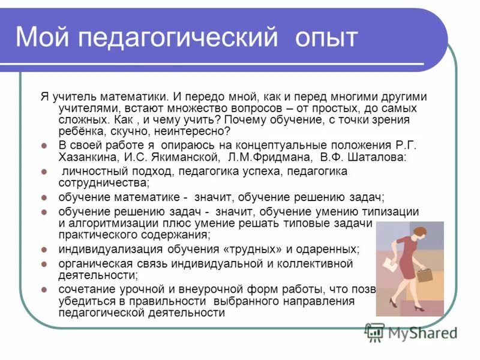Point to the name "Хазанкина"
pos(86,157)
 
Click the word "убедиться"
pos(83,301)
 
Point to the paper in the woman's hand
pos(389,262)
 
